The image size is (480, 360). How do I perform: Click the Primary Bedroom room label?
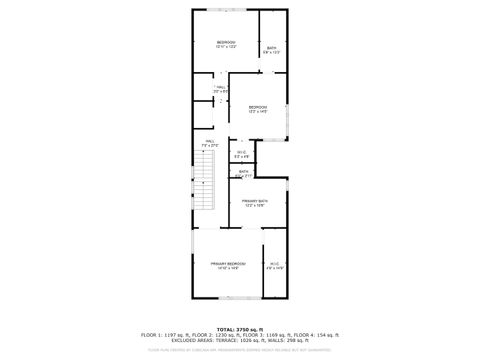[x=229, y=264]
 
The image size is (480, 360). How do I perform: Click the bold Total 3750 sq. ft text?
[x=240, y=328]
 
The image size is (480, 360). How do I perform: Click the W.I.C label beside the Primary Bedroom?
[x=275, y=265]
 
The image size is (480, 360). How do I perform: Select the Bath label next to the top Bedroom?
[x=272, y=49]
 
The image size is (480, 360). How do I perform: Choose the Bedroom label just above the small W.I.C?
[x=258, y=108]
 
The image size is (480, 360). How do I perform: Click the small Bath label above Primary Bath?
[x=244, y=173]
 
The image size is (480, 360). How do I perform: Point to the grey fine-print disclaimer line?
[x=240, y=350]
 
